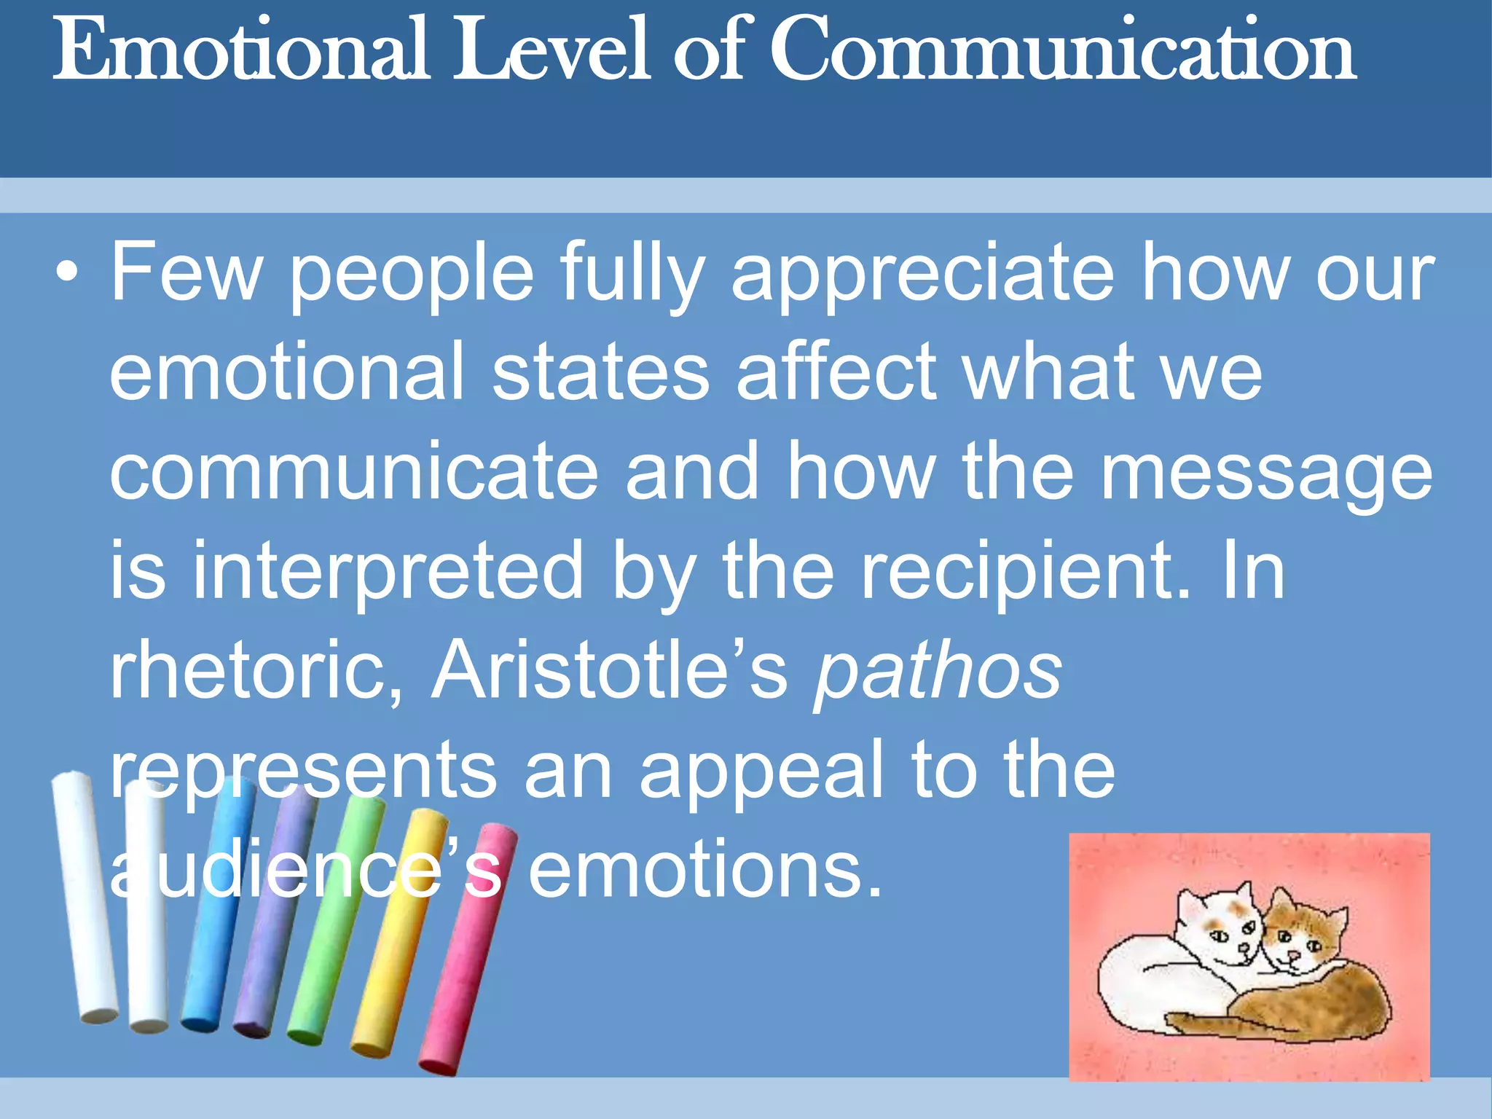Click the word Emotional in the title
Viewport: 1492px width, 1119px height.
(x=240, y=51)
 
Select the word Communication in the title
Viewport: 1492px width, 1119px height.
(x=1064, y=51)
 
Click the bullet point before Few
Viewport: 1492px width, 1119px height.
(x=67, y=275)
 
